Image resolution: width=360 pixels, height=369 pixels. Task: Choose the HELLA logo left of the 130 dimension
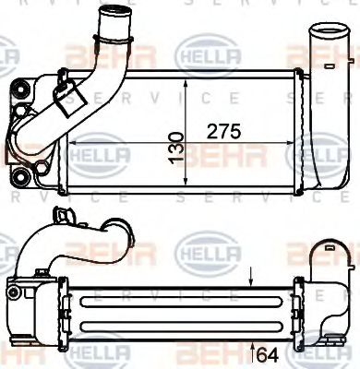[94, 149]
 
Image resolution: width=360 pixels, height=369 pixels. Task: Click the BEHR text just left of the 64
[218, 353]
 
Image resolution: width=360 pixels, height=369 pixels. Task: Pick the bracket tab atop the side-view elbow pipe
[64, 219]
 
